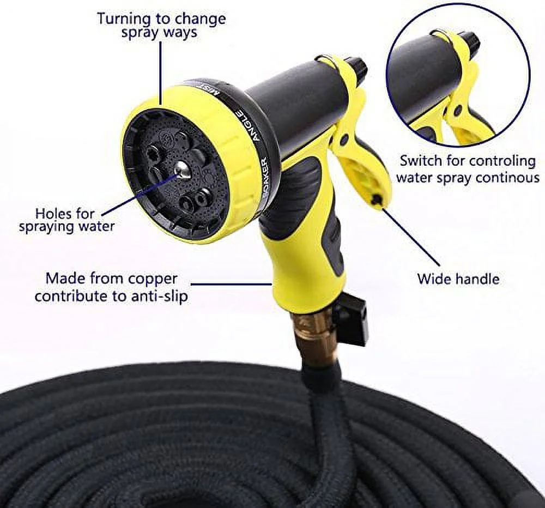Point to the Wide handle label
click(x=458, y=279)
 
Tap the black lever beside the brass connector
click(x=352, y=322)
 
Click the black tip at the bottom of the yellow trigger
click(x=376, y=201)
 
